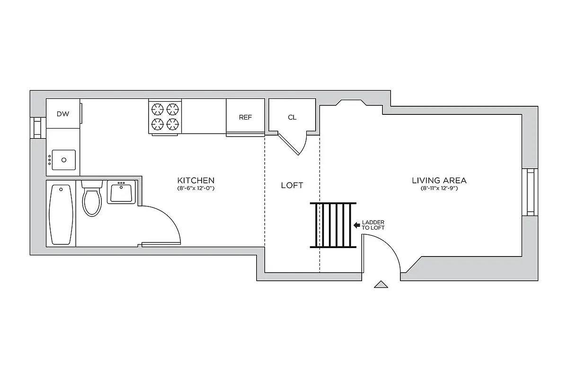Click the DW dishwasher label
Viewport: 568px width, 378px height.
coord(62,114)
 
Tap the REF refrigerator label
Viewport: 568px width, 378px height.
coord(245,117)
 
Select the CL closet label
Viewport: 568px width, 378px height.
coord(292,117)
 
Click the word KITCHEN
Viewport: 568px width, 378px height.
coord(196,180)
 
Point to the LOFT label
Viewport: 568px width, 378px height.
coord(292,185)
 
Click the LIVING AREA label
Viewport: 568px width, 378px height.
coord(439,180)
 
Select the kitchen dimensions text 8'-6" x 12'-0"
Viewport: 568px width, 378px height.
coord(196,189)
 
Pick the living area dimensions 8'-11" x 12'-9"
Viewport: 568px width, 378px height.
coord(439,189)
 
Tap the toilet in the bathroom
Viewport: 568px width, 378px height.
coord(92,199)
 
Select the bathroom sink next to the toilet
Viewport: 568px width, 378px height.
coord(122,192)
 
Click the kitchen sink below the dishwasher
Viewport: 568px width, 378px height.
coord(63,160)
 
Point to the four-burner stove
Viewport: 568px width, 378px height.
coord(166,117)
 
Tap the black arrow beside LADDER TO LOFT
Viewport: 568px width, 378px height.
coord(356,225)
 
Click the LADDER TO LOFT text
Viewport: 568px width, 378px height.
coord(373,225)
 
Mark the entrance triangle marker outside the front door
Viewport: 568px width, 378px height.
coord(381,284)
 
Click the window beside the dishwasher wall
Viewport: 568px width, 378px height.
coord(37,127)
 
